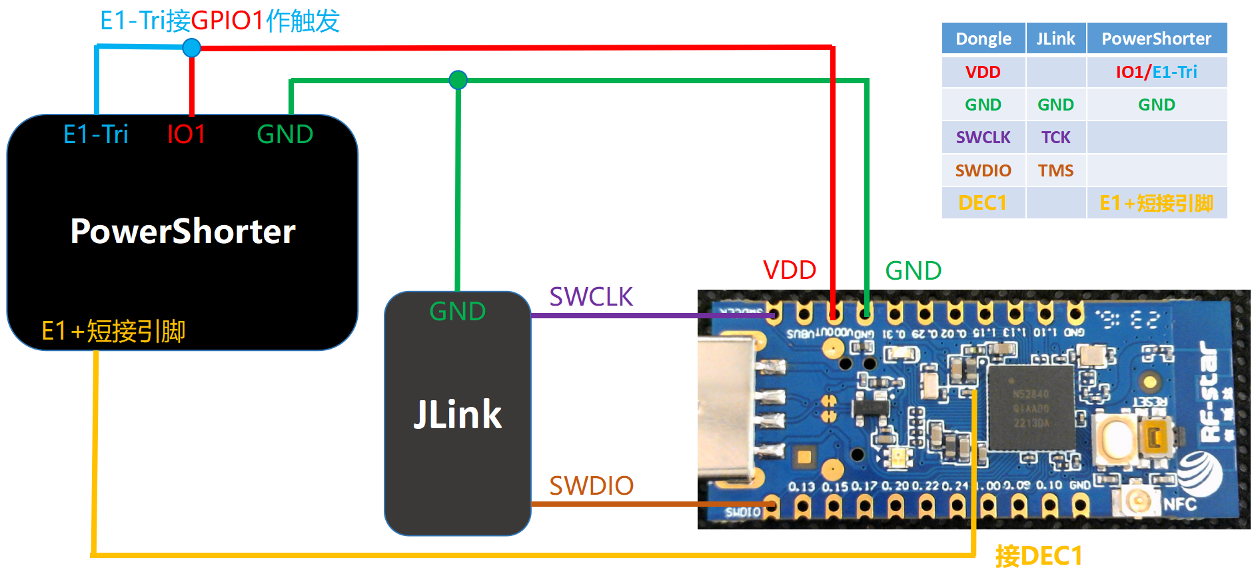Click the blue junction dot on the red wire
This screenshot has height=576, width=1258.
pyautogui.click(x=191, y=48)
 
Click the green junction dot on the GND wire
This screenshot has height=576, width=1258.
pyautogui.click(x=458, y=81)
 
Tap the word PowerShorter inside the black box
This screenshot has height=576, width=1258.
pyautogui.click(x=183, y=232)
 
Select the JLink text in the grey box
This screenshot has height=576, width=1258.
pyautogui.click(x=457, y=415)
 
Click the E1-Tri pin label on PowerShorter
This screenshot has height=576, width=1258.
pyautogui.click(x=95, y=135)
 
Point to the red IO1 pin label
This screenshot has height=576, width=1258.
pyautogui.click(x=186, y=135)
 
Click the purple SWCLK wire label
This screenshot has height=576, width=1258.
pyautogui.click(x=590, y=297)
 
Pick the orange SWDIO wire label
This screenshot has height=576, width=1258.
pyautogui.click(x=591, y=486)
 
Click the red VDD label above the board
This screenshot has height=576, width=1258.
pyautogui.click(x=790, y=270)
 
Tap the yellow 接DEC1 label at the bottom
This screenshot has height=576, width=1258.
pyautogui.click(x=1038, y=556)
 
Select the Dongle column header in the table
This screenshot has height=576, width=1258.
pyautogui.click(x=983, y=39)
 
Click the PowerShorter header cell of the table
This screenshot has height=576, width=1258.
pyautogui.click(x=1156, y=39)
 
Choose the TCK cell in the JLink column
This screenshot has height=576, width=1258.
pyautogui.click(x=1055, y=138)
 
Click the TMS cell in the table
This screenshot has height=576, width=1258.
pyautogui.click(x=1055, y=171)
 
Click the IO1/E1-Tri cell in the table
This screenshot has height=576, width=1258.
pyautogui.click(x=1156, y=72)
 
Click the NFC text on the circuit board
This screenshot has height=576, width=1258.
pyautogui.click(x=1179, y=504)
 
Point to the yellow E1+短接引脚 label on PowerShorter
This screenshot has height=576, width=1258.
pyautogui.click(x=113, y=331)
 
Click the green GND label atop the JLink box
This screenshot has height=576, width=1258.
pyautogui.click(x=457, y=312)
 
